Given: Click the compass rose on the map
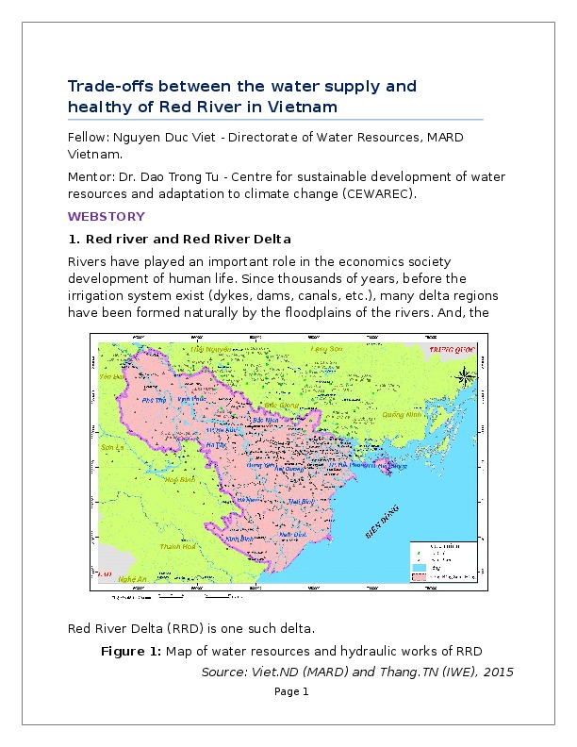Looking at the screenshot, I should click(x=464, y=377).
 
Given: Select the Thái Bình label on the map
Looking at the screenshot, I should click(x=302, y=503).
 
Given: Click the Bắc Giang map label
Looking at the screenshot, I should click(x=282, y=404).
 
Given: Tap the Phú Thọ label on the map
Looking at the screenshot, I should click(x=153, y=400).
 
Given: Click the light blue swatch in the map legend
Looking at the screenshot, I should click(x=418, y=567).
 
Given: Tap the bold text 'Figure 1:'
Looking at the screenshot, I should click(x=131, y=651).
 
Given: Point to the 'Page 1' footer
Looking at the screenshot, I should click(x=291, y=691).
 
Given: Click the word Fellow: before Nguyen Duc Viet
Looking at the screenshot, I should click(x=89, y=138).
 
